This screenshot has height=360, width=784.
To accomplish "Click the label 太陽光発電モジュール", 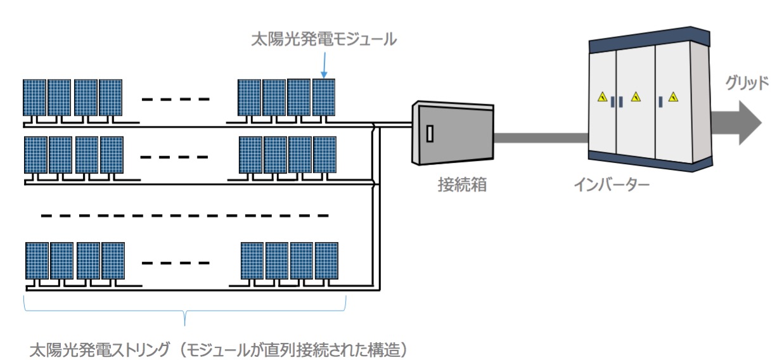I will pos(324,40).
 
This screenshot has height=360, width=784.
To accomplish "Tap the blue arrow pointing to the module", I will pos(324,65).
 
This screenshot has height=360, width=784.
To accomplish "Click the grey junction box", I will pos(453,135).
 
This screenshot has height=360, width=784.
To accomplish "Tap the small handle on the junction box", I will pos(430,133).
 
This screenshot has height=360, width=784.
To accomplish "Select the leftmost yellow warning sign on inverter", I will pos(601,97).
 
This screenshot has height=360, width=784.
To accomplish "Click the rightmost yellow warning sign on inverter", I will pos(673,97).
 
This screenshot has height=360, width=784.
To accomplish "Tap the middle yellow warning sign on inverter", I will pos(636,97).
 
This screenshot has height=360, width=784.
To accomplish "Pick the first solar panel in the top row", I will pos(35,97).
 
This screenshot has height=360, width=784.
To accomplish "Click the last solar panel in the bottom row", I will pos(326,260).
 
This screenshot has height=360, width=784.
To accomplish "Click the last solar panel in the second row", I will pos(325,155).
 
